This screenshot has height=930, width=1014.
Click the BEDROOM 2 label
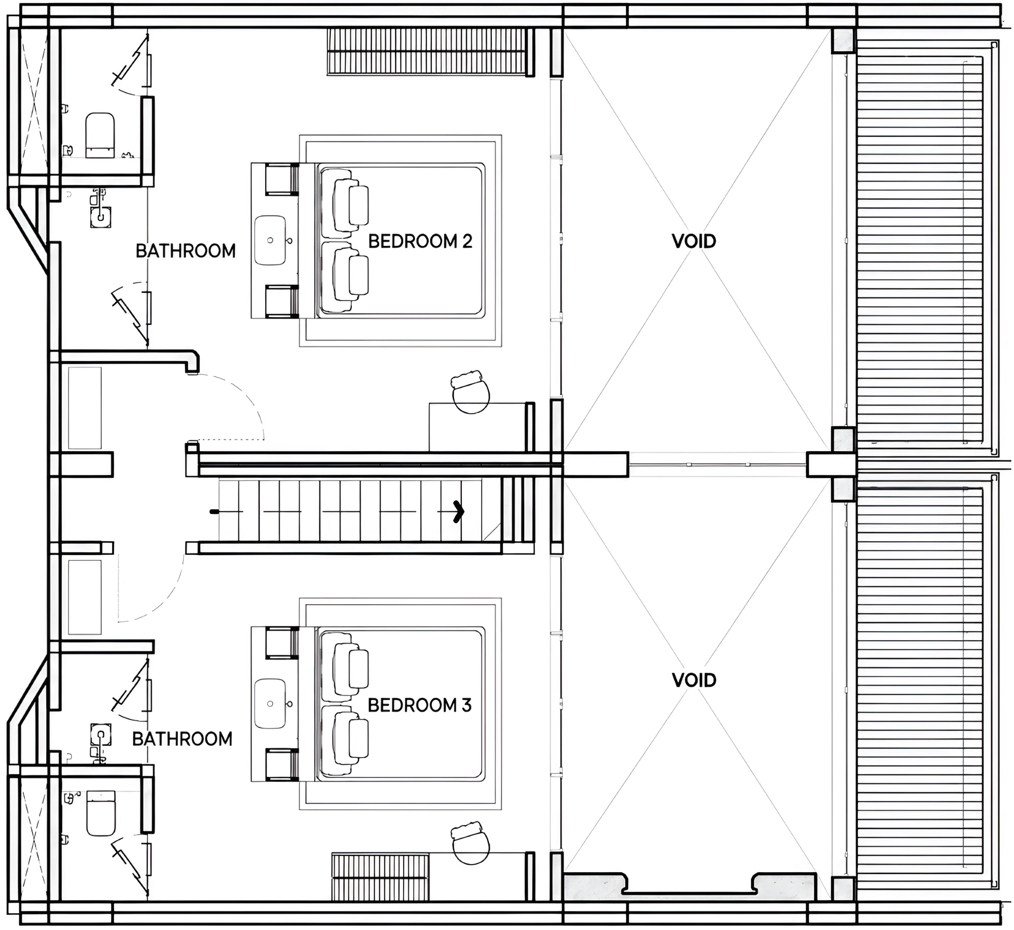point(420,241)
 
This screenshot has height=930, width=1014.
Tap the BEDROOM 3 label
point(419,705)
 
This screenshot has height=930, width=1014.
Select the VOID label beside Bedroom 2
point(694,241)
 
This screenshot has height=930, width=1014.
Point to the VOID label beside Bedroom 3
point(694,680)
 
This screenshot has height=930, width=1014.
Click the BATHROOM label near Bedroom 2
point(186,251)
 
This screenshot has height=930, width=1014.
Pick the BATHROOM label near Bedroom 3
point(182,739)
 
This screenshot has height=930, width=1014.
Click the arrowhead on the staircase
point(458,511)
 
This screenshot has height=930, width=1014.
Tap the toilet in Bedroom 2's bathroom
point(100,135)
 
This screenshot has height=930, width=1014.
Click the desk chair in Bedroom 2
point(470,392)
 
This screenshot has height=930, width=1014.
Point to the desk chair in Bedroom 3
point(470,843)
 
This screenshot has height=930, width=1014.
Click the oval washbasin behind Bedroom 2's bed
point(270,240)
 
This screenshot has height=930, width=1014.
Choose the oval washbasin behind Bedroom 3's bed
point(270,703)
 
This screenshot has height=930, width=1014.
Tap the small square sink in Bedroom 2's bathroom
point(100,217)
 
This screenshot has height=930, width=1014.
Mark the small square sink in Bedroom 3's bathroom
point(100,734)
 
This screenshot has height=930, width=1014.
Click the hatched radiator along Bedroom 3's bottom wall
point(380,877)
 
